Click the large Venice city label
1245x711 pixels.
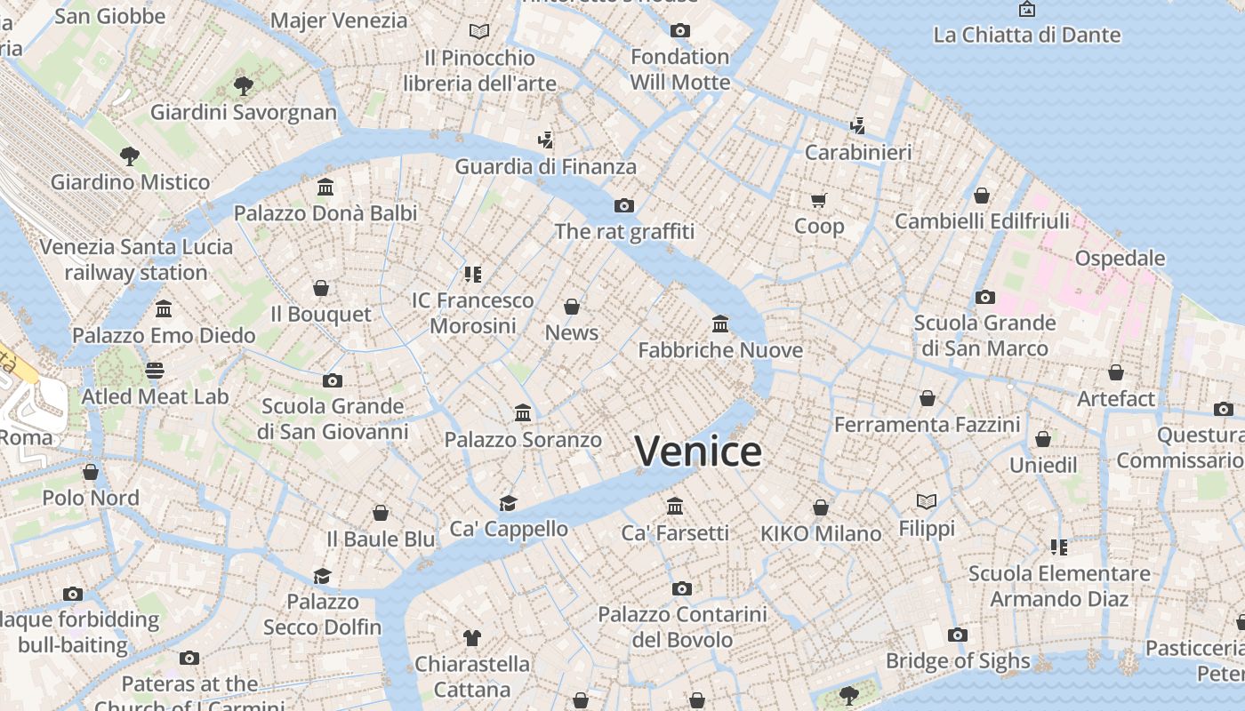pyautogui.click(x=698, y=451)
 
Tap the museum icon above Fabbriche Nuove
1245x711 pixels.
pyautogui.click(x=720, y=324)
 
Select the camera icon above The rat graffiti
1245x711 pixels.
pyautogui.click(x=624, y=206)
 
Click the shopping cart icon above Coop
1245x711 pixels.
pyautogui.click(x=819, y=200)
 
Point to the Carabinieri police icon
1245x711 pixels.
pyautogui.click(x=857, y=126)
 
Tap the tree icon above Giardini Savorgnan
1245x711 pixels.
pyautogui.click(x=244, y=86)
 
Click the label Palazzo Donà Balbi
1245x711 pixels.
pyautogui.click(x=325, y=213)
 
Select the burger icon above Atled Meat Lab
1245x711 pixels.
pyautogui.click(x=155, y=371)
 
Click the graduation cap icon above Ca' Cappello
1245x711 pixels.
pyautogui.click(x=508, y=503)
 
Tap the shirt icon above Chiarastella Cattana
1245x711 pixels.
pyautogui.click(x=472, y=638)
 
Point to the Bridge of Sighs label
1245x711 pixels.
pyautogui.click(x=958, y=661)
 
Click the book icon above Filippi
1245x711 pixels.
pyautogui.click(x=927, y=502)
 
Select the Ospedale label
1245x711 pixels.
pyautogui.click(x=1120, y=259)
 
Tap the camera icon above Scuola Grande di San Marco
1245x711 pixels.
pyautogui.click(x=984, y=298)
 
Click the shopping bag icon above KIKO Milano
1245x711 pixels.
pyautogui.click(x=821, y=508)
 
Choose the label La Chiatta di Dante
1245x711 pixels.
pyautogui.click(x=1026, y=36)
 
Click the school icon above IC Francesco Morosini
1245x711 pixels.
pyautogui.click(x=472, y=275)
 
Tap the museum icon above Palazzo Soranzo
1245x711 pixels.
pyautogui.click(x=523, y=413)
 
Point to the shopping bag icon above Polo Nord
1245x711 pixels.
pyautogui.click(x=91, y=472)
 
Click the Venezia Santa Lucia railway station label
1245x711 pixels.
pyautogui.click(x=136, y=260)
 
